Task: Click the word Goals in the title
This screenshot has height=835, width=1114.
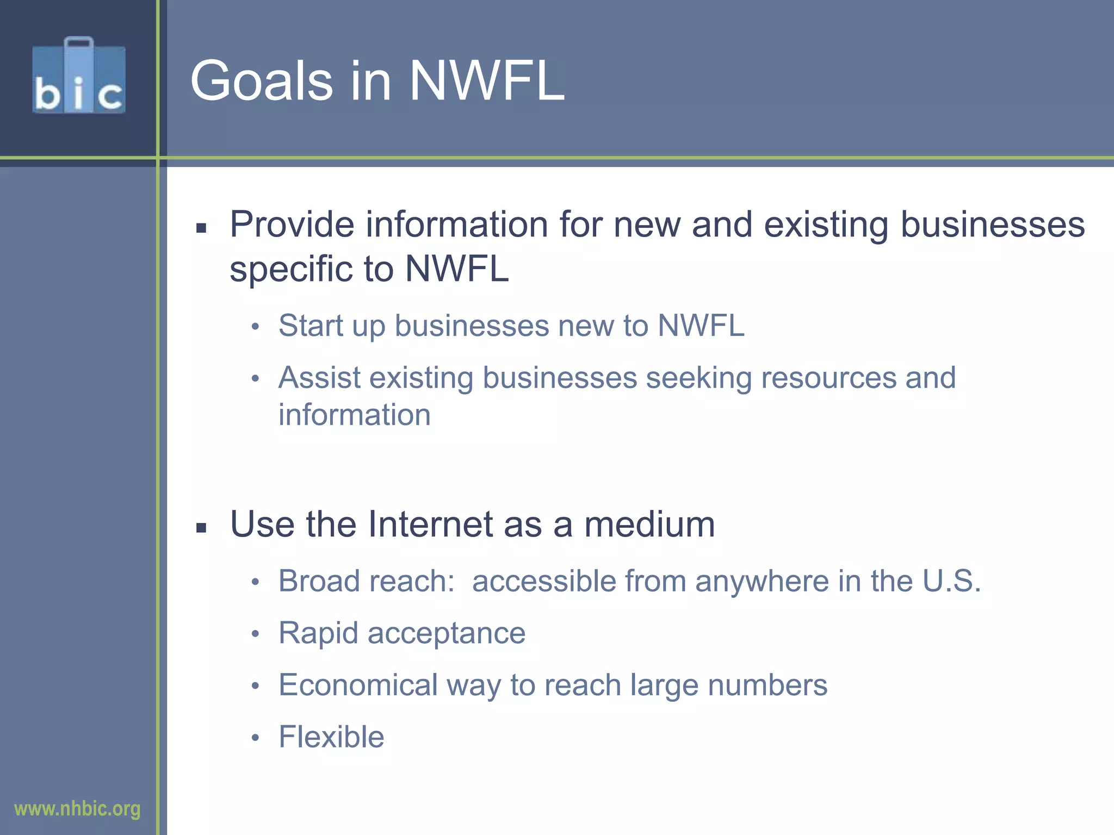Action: pyautogui.click(x=261, y=82)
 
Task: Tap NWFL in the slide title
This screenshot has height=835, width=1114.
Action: pyautogui.click(x=487, y=82)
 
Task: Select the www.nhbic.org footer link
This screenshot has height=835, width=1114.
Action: pyautogui.click(x=77, y=809)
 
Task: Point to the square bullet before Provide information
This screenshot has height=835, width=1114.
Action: pyautogui.click(x=201, y=228)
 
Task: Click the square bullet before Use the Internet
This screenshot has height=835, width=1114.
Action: pyautogui.click(x=201, y=527)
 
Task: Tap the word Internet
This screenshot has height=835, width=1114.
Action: pyautogui.click(x=430, y=524)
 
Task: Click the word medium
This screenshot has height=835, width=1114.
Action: pyautogui.click(x=649, y=524)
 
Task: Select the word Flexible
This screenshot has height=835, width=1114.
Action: pyautogui.click(x=331, y=737)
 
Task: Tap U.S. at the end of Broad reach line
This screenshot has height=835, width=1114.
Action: pyautogui.click(x=951, y=581)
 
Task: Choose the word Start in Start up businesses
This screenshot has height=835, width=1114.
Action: pyautogui.click(x=311, y=326)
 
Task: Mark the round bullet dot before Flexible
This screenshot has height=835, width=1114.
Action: pyautogui.click(x=256, y=738)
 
